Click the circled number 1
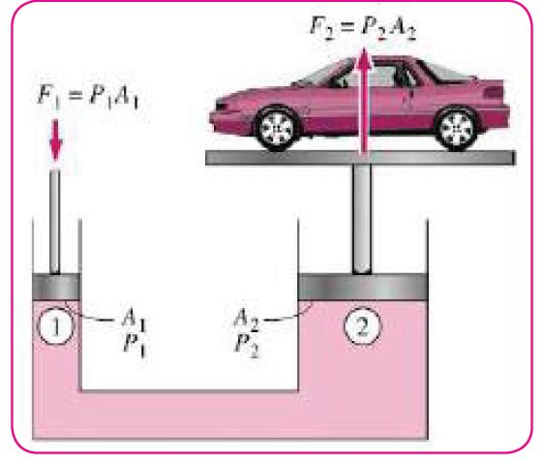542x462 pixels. pyautogui.click(x=55, y=326)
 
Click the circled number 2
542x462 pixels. pyautogui.click(x=362, y=325)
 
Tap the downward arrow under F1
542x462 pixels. pyautogui.click(x=56, y=140)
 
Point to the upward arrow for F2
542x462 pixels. pyautogui.click(x=364, y=101)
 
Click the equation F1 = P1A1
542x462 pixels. pyautogui.click(x=88, y=97)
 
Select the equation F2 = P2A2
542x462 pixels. pyautogui.click(x=363, y=26)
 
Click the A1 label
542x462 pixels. pyautogui.click(x=135, y=318)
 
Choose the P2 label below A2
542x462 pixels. pyautogui.click(x=247, y=346)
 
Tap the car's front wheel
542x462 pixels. pyautogui.click(x=277, y=129)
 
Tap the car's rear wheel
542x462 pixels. pyautogui.click(x=457, y=128)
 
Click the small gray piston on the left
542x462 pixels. pyautogui.click(x=56, y=287)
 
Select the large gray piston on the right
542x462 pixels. pyautogui.click(x=363, y=287)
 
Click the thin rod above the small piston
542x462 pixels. pyautogui.click(x=55, y=222)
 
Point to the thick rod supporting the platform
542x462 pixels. pyautogui.click(x=362, y=219)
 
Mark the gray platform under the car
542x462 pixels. pyautogui.click(x=360, y=157)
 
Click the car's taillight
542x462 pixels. pyautogui.click(x=495, y=92)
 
